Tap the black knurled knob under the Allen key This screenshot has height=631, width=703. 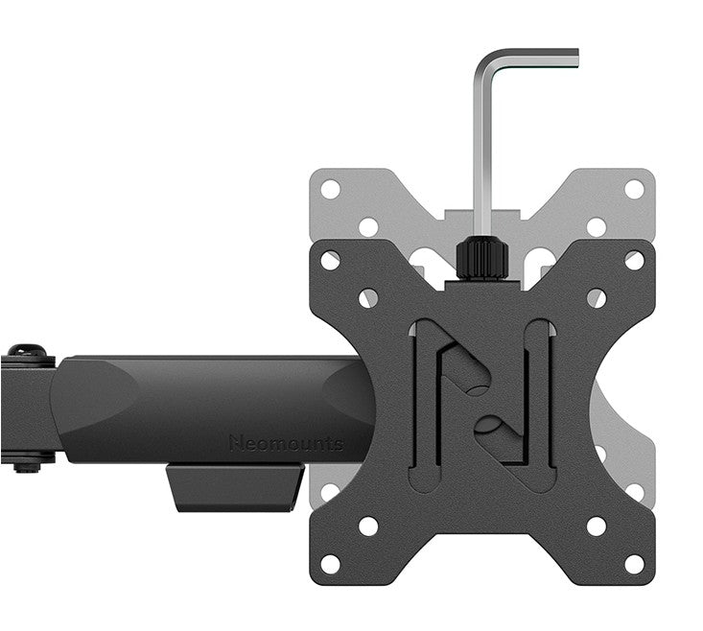point(480,258)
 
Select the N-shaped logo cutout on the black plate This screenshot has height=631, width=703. point(481,392)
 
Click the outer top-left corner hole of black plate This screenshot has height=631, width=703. point(331,261)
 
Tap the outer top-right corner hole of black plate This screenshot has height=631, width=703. point(634,261)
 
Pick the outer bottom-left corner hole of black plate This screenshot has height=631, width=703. point(331,563)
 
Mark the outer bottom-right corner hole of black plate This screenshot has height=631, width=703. point(634,563)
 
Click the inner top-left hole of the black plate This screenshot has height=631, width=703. point(368,298)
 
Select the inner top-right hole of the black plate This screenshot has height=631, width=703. point(597,298)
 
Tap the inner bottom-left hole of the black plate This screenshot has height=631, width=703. point(368,526)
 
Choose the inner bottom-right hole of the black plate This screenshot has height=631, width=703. point(597,526)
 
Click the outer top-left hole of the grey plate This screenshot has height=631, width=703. point(331,189)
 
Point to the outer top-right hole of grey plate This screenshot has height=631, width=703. point(634,189)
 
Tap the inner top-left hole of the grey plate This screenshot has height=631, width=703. point(368,227)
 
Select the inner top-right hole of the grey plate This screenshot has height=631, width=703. point(597,227)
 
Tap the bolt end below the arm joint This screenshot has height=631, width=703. point(26,468)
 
